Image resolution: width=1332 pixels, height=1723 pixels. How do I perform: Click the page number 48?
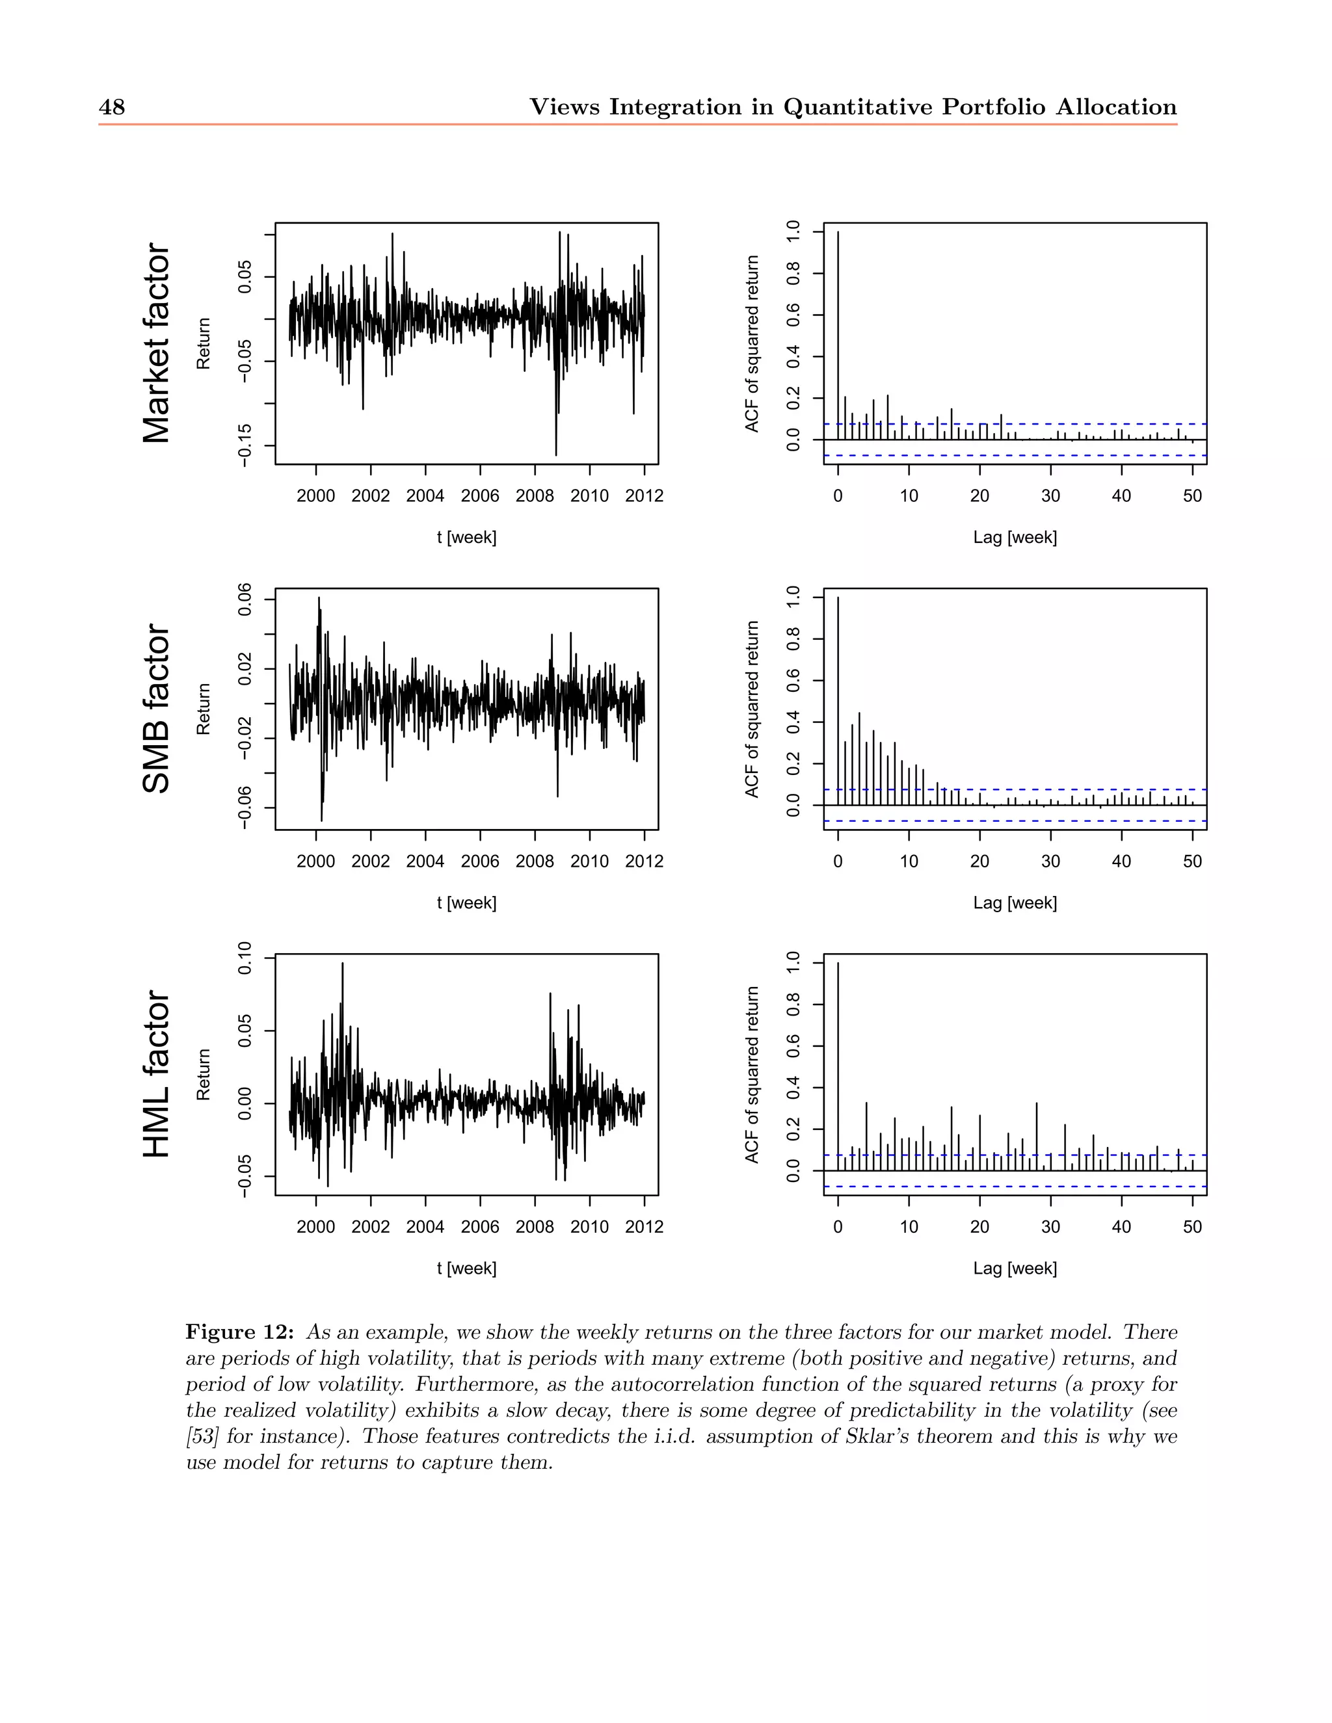[x=111, y=107]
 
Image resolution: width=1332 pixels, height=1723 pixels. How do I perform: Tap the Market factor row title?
[x=156, y=343]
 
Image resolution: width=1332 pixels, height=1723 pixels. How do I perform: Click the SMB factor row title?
[x=156, y=709]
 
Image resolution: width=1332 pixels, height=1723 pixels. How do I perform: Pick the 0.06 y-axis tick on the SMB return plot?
[x=245, y=599]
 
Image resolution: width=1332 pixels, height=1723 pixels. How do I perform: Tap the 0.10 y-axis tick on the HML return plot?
[x=245, y=958]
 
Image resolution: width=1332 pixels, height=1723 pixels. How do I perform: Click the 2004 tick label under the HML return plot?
[x=425, y=1227]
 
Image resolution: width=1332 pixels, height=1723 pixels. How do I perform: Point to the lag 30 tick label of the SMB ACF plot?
[x=1050, y=861]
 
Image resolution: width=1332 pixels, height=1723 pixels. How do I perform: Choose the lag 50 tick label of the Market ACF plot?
[x=1192, y=496]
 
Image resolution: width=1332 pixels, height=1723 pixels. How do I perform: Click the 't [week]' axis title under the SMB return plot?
[x=466, y=902]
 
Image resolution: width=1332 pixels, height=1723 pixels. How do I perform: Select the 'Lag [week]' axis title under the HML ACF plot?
[x=1015, y=1268]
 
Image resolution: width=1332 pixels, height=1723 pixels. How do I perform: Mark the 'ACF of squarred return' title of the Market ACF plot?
[x=752, y=343]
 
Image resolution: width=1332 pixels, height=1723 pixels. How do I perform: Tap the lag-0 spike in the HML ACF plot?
[x=838, y=1066]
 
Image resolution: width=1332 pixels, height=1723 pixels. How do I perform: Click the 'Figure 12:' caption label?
[x=240, y=1332]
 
